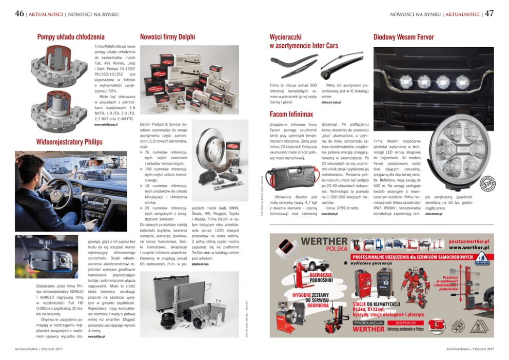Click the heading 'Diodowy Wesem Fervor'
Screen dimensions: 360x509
click(403, 37)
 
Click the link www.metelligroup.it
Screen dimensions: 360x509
click(107, 124)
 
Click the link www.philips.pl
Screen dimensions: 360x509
click(96, 337)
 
